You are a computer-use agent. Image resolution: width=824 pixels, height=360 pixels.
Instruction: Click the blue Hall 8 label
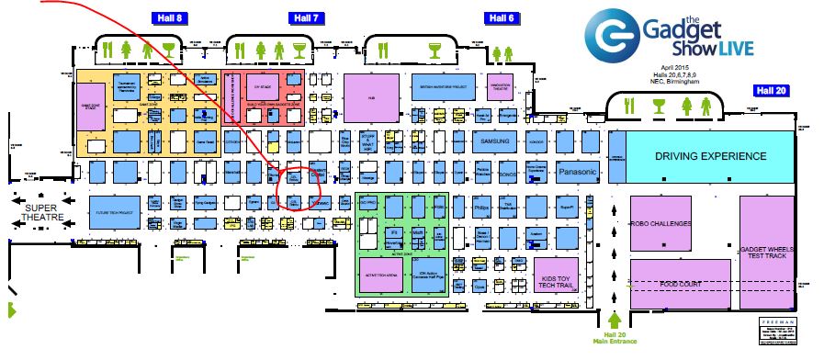coord(170,18)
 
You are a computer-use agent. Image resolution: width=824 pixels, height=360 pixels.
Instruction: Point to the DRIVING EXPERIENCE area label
coord(710,156)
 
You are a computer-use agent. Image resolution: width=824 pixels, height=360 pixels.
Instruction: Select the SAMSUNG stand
coord(495,141)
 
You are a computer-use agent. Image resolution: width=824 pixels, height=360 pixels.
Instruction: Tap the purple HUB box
coord(372,95)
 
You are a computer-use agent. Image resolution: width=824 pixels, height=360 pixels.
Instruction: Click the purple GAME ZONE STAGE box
coord(91,105)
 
